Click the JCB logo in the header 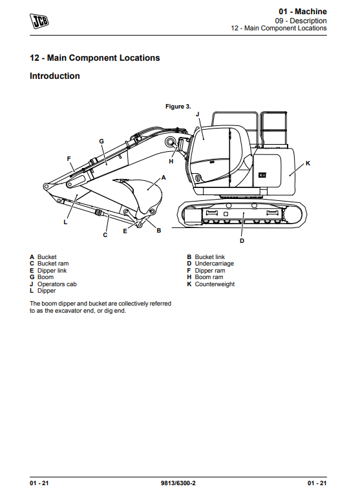pyautogui.click(x=39, y=21)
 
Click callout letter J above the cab pyautogui.click(x=197, y=114)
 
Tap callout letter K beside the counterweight pyautogui.click(x=308, y=163)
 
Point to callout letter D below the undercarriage pyautogui.click(x=242, y=241)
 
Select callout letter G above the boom pyautogui.click(x=101, y=141)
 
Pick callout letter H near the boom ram pyautogui.click(x=171, y=162)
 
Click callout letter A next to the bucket pyautogui.click(x=164, y=178)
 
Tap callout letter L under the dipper pyautogui.click(x=65, y=222)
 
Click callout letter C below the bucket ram pyautogui.click(x=105, y=235)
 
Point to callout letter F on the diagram pyautogui.click(x=69, y=159)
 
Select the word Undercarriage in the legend pyautogui.click(x=215, y=264)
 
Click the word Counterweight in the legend pyautogui.click(x=215, y=284)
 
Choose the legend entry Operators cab pyautogui.click(x=57, y=284)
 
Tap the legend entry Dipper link pyautogui.click(x=52, y=271)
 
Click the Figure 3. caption pyautogui.click(x=178, y=107)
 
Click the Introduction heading pyautogui.click(x=55, y=76)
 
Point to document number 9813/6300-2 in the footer pyautogui.click(x=178, y=483)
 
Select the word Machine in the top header pyautogui.click(x=311, y=12)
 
